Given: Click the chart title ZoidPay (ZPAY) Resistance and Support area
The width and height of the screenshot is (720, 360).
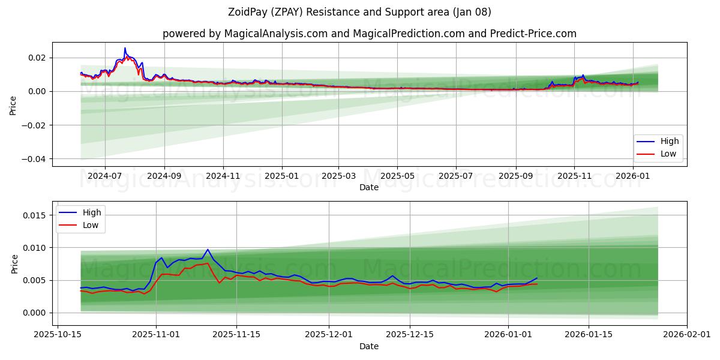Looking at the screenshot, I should pos(359,12).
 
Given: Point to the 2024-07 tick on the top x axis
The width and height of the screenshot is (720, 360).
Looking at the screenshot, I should pos(105,176).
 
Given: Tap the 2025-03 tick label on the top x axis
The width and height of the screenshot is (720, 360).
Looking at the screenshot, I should pos(338,176).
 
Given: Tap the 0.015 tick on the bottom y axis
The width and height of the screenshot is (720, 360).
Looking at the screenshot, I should pos(36,215).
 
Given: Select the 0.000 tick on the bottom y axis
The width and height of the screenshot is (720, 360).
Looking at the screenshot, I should pos(36,313).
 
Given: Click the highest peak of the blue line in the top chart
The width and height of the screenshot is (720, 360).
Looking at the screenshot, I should pos(125,48).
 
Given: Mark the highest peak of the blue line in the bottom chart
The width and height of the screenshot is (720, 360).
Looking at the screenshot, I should pos(208,250).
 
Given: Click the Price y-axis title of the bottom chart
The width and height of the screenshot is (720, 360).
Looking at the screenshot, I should pos(14,264).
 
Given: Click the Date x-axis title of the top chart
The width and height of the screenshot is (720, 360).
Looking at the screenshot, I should pos(368,187).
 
